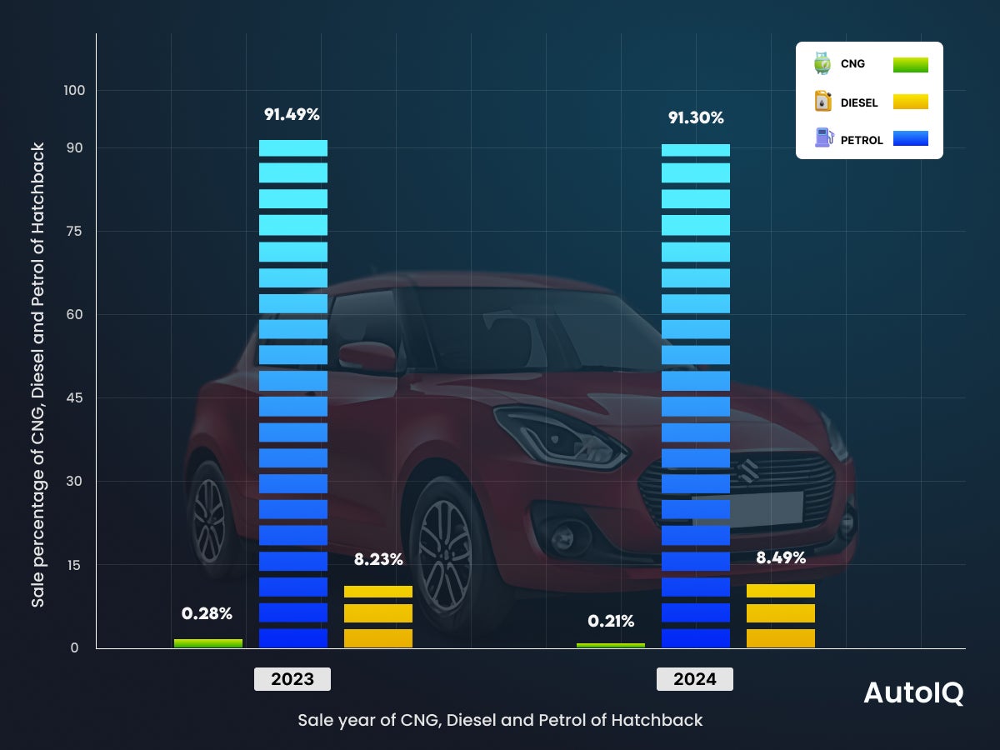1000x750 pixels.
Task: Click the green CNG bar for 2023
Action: point(208,643)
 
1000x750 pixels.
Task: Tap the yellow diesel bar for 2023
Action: point(378,617)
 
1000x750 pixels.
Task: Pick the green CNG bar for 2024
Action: point(611,645)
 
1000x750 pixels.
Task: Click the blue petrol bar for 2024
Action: point(695,395)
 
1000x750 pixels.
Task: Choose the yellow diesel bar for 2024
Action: point(781,616)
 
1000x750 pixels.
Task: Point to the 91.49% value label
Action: point(292,115)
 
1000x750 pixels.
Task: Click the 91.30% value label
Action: point(696,117)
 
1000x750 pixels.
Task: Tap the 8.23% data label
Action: point(378,560)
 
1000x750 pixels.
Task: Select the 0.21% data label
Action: point(611,621)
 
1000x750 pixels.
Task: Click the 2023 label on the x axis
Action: point(292,679)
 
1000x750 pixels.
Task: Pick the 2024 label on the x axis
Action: point(695,679)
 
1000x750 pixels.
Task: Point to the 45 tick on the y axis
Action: point(74,398)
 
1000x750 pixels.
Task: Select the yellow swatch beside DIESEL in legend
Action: point(910,102)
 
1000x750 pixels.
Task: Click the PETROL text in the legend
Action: point(862,140)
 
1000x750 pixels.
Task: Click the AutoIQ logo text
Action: point(913,693)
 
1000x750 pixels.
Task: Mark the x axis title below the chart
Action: point(500,720)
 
